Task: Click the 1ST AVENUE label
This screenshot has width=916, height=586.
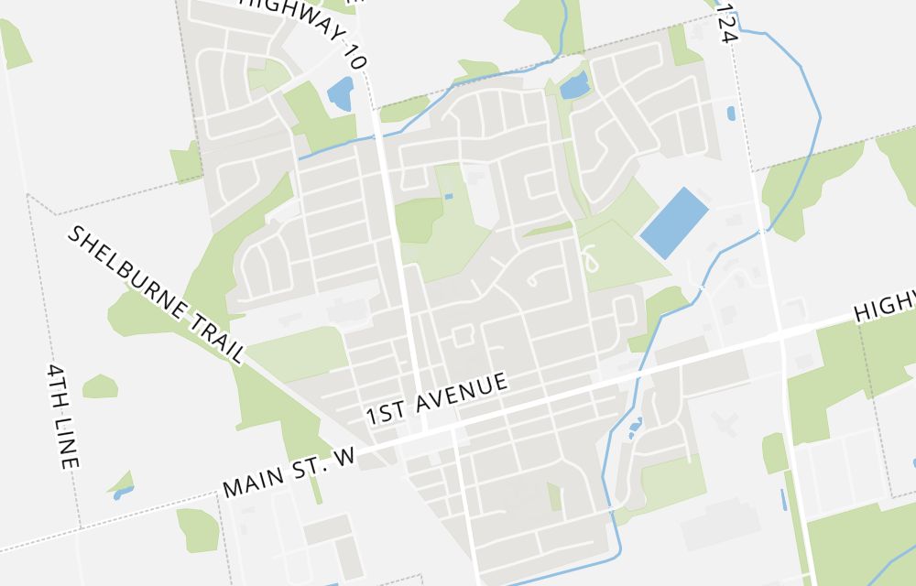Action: coord(437,397)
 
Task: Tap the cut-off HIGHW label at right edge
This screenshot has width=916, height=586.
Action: coord(885,305)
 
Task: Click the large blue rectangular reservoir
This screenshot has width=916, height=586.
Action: coord(674,222)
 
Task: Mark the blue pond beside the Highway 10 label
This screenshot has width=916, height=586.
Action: coord(340,93)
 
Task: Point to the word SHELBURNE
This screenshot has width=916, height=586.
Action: coord(124,271)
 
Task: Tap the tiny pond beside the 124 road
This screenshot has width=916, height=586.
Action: coord(730,114)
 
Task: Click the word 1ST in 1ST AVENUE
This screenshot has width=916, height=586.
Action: coord(385,411)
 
